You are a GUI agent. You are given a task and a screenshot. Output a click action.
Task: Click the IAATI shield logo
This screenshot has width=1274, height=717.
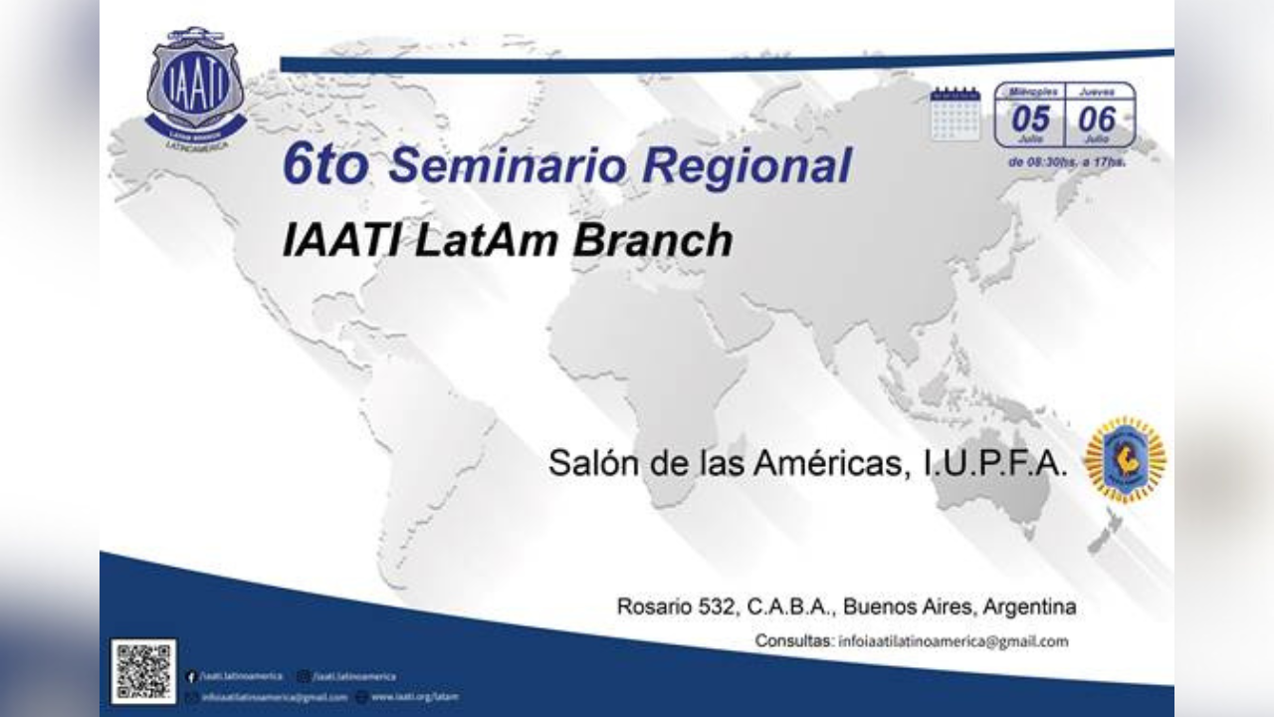coord(195,86)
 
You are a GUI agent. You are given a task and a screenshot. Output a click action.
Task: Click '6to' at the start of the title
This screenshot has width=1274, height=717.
coord(324,165)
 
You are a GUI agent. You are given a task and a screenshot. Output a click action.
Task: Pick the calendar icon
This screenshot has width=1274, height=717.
coord(955,114)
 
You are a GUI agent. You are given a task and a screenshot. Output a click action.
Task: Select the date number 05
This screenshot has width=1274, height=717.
coord(1030,119)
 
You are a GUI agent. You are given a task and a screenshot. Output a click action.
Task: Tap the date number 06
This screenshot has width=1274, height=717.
coord(1098,119)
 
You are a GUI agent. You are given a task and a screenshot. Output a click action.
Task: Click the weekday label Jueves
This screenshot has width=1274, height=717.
coord(1098,91)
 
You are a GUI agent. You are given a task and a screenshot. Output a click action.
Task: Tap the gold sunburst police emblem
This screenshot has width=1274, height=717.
coord(1125,459)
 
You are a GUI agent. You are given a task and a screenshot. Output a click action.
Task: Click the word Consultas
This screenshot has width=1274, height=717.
coord(793,641)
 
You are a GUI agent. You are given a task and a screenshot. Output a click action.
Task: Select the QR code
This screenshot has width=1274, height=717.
coord(143,671)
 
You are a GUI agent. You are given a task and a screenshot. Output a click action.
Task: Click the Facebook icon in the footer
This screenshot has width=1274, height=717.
coord(190,677)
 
